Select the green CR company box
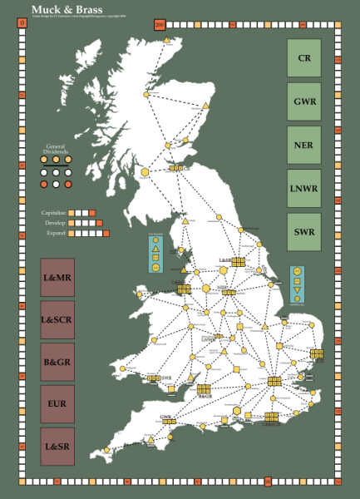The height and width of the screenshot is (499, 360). point(304,58)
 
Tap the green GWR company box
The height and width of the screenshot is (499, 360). point(304,101)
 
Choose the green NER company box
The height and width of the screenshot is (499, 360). point(304,145)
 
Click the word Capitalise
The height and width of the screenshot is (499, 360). point(54,213)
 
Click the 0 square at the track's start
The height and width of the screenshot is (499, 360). point(20,23)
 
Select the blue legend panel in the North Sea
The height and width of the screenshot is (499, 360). point(297,285)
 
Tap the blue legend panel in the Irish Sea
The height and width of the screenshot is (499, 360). point(155,254)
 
